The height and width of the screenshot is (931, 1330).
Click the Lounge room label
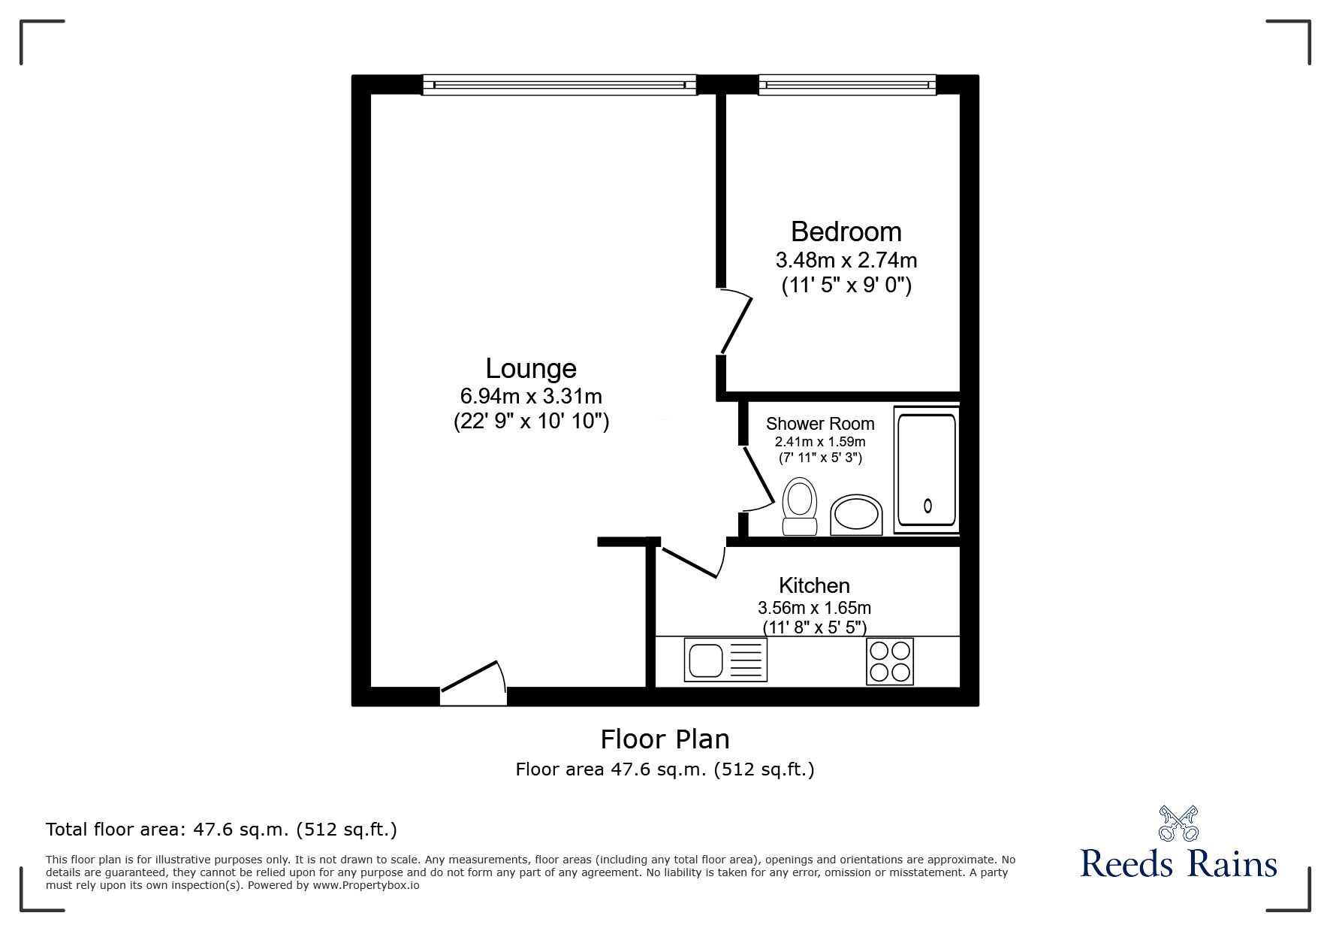[531, 368]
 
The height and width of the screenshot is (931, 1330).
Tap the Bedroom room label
[846, 231]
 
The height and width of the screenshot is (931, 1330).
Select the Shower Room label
[820, 424]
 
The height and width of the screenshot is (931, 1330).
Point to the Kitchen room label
[814, 585]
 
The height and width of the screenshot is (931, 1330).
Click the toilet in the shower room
[799, 507]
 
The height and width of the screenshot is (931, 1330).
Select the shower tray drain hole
[927, 506]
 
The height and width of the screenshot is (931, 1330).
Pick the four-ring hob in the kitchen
[890, 661]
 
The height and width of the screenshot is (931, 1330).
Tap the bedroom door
[734, 323]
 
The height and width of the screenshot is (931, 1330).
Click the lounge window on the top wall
[559, 84]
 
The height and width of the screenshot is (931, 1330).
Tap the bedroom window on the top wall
[847, 84]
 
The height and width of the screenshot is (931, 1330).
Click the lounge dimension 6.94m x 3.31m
[531, 396]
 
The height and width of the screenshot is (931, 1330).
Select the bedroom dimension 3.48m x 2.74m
[846, 261]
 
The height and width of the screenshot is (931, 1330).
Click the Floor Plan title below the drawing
[665, 739]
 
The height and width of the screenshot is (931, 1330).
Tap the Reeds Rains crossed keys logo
[1179, 824]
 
